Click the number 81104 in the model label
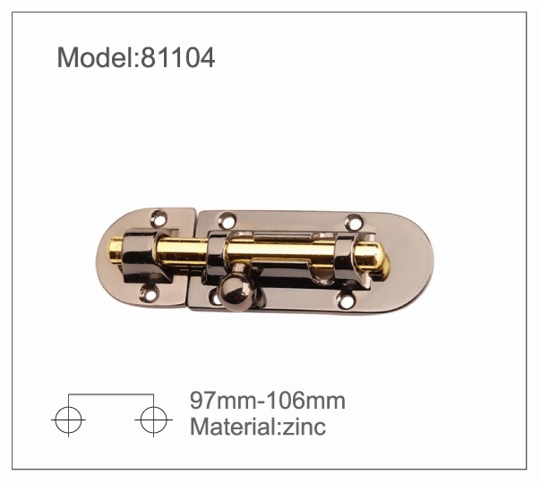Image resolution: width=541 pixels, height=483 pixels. point(178,57)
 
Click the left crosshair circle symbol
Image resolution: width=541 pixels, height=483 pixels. point(68,420)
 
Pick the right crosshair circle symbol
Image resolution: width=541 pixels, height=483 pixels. point(153,420)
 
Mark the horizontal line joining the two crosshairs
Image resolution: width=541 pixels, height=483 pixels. point(111,394)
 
